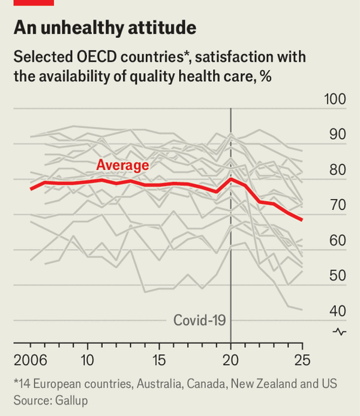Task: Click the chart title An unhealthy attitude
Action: point(104,28)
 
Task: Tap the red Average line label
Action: point(122,166)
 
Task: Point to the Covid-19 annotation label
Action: point(199,320)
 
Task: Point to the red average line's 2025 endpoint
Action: point(302,220)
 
